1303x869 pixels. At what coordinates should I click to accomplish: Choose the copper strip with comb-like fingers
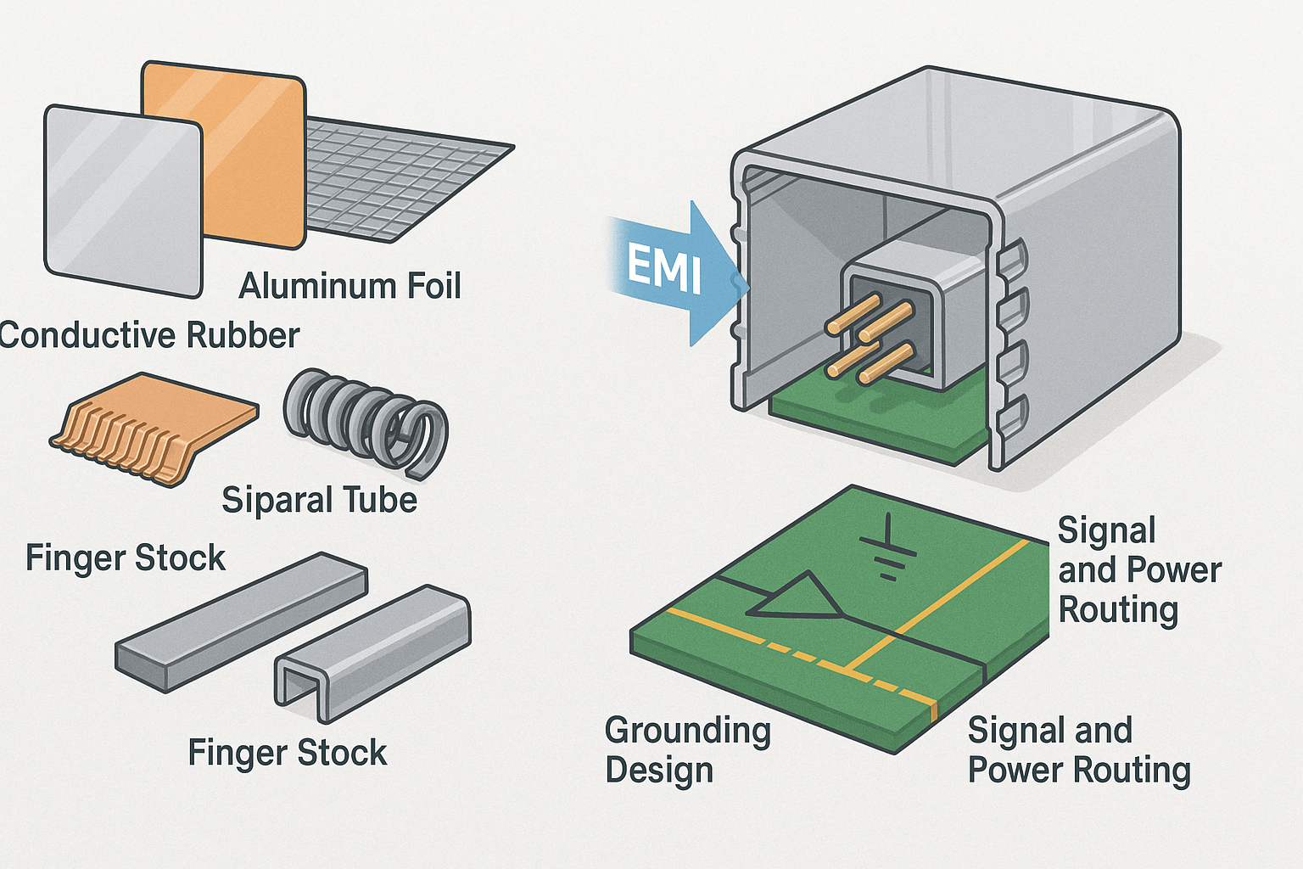[153, 429]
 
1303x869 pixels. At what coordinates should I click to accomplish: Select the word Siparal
[271, 501]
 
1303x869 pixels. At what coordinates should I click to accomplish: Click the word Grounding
[688, 731]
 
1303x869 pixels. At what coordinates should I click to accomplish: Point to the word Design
[659, 771]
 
